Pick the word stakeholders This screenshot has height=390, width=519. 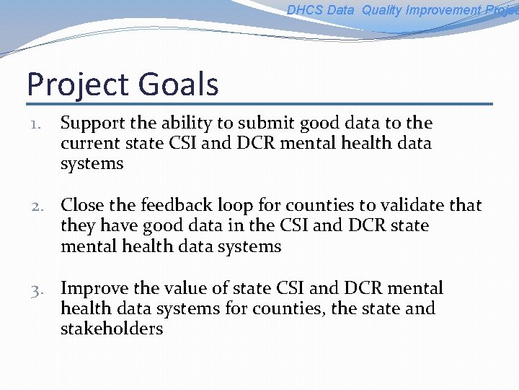(112, 329)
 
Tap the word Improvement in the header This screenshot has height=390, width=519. (447, 10)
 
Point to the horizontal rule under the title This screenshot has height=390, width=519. (259, 104)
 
